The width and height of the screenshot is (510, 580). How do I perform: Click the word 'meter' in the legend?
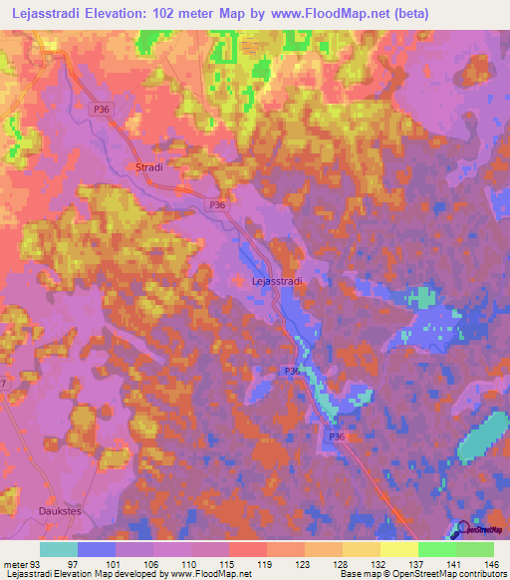tap(15, 564)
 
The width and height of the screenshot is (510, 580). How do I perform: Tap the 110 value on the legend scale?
tap(189, 564)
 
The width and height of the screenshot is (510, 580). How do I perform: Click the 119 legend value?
tap(266, 564)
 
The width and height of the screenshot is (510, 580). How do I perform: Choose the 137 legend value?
tap(418, 564)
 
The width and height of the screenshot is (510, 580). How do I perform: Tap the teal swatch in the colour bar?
tap(59, 549)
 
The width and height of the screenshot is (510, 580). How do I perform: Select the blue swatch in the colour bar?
tap(97, 549)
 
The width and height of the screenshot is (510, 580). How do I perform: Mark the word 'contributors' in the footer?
tap(477, 575)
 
